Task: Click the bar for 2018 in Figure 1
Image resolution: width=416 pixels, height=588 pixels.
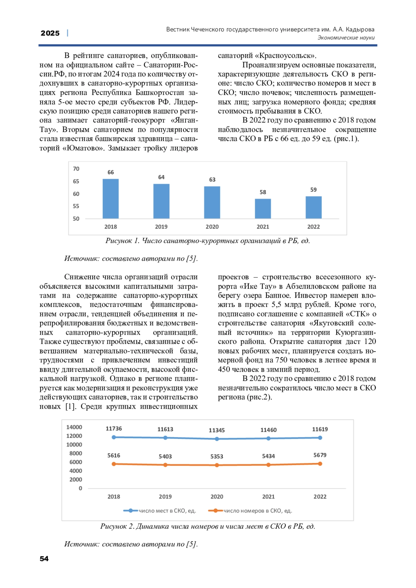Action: (x=111, y=199)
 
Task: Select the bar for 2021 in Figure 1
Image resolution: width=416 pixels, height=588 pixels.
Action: (x=263, y=209)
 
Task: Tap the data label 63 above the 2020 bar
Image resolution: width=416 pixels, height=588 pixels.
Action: (x=212, y=179)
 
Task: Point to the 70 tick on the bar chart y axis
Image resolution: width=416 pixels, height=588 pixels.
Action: (x=76, y=169)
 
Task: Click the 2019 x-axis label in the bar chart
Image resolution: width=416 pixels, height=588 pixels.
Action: (x=161, y=227)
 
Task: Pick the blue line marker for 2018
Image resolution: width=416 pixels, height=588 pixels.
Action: (x=114, y=437)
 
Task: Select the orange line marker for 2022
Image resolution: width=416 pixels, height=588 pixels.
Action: (x=320, y=464)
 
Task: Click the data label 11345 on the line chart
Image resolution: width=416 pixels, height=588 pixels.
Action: (x=217, y=430)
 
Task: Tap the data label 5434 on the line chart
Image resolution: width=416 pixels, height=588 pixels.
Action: (x=268, y=456)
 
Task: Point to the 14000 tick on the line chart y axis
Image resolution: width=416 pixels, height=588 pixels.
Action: (x=74, y=427)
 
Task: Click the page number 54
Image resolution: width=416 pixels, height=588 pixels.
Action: (x=44, y=559)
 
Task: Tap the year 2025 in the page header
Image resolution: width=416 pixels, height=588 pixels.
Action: (x=50, y=33)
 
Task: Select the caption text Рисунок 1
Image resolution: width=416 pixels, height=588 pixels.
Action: (x=122, y=241)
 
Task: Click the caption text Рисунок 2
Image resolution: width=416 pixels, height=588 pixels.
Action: (x=117, y=526)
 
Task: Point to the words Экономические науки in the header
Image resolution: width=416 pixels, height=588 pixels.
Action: (x=346, y=38)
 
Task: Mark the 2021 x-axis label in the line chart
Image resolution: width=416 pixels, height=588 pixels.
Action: (x=268, y=497)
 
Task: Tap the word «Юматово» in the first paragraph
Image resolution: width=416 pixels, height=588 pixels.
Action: (x=83, y=148)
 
